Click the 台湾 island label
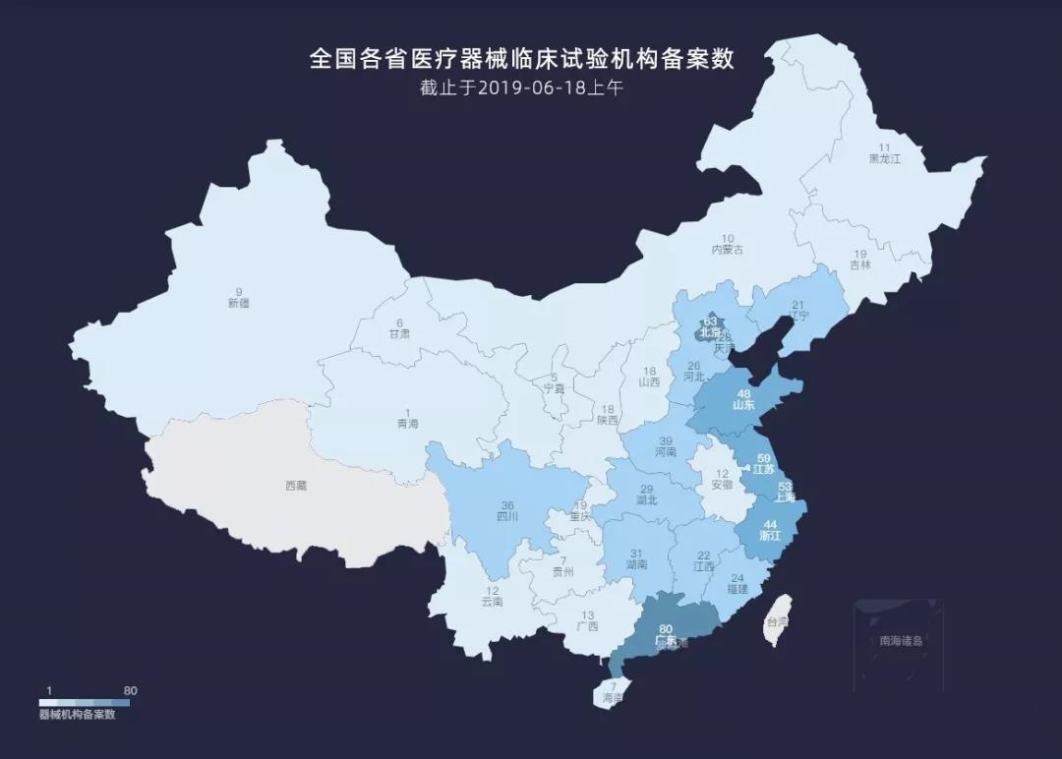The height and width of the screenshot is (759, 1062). click(778, 621)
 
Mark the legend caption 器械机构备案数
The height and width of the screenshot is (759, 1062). click(78, 715)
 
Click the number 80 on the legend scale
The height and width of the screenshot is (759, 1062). click(130, 691)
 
